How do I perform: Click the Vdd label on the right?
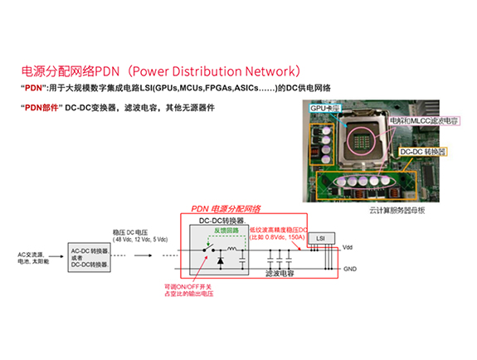(347, 246)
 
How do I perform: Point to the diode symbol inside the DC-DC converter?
(220, 260)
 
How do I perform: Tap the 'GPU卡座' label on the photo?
(324, 109)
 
